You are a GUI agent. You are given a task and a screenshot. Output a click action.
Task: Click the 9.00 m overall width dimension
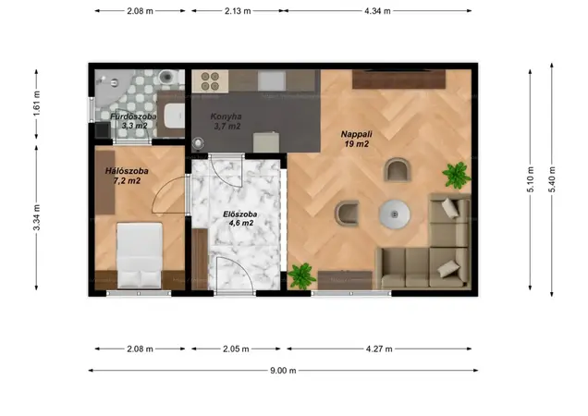pyautogui.click(x=283, y=371)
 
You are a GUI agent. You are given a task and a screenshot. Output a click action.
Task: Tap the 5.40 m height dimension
pyautogui.click(x=552, y=179)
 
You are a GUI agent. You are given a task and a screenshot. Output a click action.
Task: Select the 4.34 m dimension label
pyautogui.click(x=377, y=11)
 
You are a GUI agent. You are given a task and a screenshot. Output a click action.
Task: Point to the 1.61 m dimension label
pyautogui.click(x=37, y=104)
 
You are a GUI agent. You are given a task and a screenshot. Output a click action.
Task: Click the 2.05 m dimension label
pyautogui.click(x=236, y=349)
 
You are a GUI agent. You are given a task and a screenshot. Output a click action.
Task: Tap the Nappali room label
pyautogui.click(x=356, y=134)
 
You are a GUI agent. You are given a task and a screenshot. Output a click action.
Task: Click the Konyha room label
pyautogui.click(x=226, y=116)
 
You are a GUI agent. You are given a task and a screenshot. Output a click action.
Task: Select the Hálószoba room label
pyautogui.click(x=127, y=171)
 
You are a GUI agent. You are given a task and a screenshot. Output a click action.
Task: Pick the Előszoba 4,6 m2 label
pyautogui.click(x=240, y=219)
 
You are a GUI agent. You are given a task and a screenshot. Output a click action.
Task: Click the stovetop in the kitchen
pyautogui.click(x=210, y=81)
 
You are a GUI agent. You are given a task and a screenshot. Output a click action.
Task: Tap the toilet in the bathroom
pyautogui.click(x=166, y=78)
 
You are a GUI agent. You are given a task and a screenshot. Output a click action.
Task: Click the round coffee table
pyautogui.click(x=394, y=214)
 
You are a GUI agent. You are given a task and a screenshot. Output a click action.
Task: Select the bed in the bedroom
pyautogui.click(x=140, y=256)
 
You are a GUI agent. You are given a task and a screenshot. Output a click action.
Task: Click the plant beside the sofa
pyautogui.click(x=457, y=175)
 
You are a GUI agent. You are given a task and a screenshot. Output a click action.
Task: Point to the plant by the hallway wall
pyautogui.click(x=301, y=276)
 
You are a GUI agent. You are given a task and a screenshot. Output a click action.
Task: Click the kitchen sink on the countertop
pyautogui.click(x=272, y=80)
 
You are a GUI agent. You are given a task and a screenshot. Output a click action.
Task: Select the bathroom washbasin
pyautogui.click(x=174, y=116)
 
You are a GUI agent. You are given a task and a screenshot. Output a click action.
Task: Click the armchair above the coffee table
pyautogui.click(x=397, y=169)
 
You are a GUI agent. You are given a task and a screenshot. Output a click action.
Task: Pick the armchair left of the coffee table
pyautogui.click(x=348, y=214)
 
